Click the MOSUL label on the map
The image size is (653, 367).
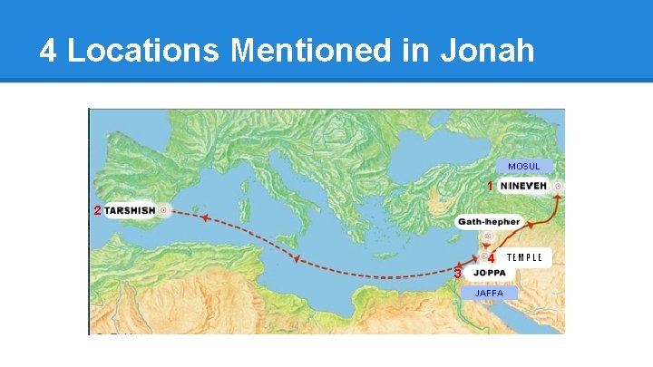[524, 167]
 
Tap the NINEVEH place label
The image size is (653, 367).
[523, 186]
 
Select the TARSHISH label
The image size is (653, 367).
[130, 210]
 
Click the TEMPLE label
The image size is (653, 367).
[524, 257]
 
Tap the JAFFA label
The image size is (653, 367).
[490, 293]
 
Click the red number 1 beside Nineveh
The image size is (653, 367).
[490, 186]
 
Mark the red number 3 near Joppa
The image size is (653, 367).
[458, 273]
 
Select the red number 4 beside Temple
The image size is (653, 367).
[491, 258]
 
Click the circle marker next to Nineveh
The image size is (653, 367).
[558, 186]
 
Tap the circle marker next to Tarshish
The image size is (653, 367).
[164, 210]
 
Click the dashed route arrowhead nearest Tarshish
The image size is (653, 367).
[206, 218]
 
